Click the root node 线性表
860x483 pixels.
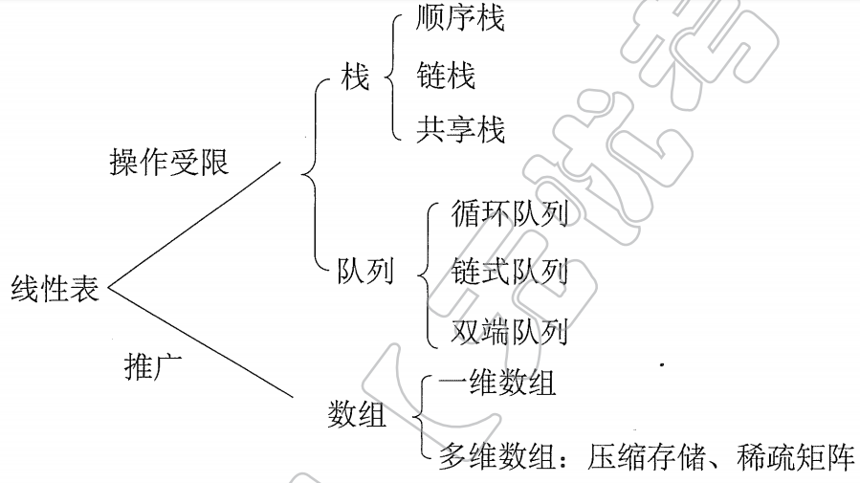[x=55, y=288]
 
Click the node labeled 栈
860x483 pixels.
[x=355, y=77]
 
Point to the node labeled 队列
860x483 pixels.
[x=364, y=272]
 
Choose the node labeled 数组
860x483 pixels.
[x=357, y=415]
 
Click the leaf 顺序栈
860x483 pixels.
[x=460, y=18]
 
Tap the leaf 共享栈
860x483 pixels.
[x=460, y=128]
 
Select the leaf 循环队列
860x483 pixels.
[x=509, y=214]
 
